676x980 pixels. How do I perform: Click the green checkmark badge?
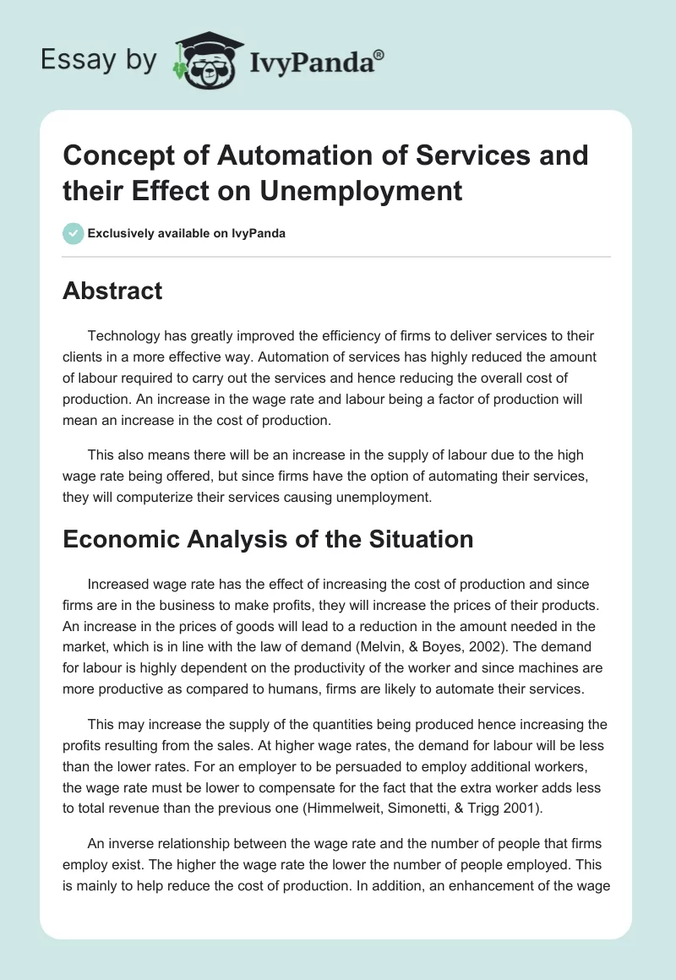point(73,233)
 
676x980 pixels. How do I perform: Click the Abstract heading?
point(112,291)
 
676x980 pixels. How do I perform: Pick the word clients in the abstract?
point(83,357)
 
